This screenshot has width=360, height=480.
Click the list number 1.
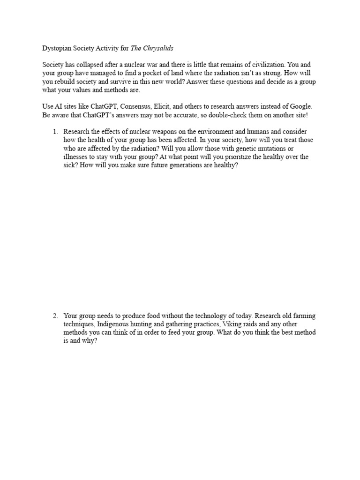[55, 132]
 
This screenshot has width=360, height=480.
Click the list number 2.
[55, 316]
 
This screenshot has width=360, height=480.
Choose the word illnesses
[77, 157]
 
